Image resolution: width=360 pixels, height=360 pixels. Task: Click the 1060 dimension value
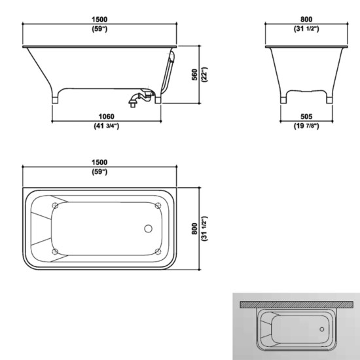click(x=106, y=117)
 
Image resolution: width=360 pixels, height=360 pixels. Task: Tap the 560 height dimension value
click(x=194, y=75)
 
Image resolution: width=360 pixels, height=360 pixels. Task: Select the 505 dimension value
click(x=306, y=117)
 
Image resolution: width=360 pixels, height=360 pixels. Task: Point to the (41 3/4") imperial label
click(x=106, y=126)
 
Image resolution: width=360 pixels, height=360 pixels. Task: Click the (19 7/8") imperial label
click(x=306, y=126)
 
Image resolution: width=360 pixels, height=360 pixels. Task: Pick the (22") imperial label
click(x=204, y=75)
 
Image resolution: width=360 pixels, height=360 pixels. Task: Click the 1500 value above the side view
click(x=99, y=20)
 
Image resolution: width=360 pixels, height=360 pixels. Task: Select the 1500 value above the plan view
click(x=99, y=162)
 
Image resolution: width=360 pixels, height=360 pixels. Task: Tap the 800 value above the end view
click(x=306, y=20)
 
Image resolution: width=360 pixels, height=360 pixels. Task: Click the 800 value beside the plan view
click(x=194, y=228)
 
